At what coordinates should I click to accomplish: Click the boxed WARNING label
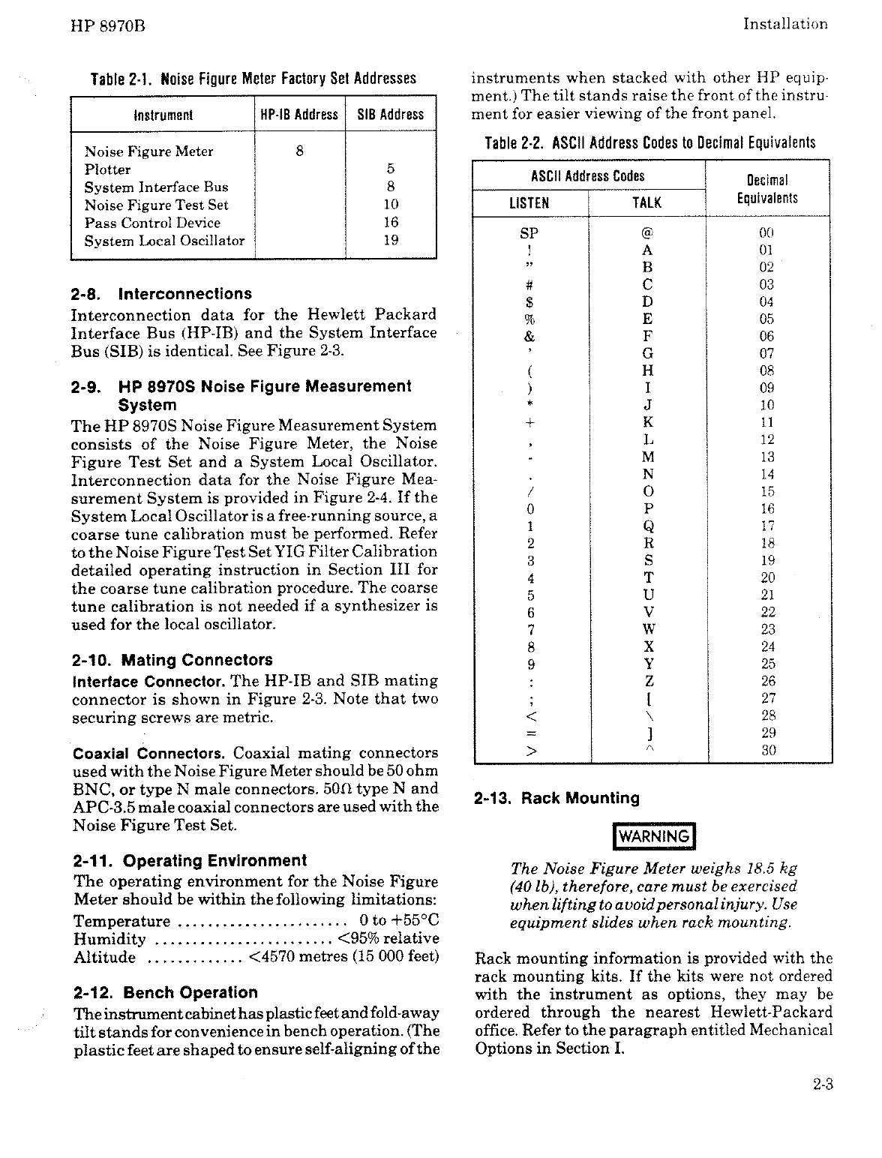(x=655, y=836)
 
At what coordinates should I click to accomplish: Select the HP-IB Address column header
(x=299, y=115)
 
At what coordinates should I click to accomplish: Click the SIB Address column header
(x=390, y=115)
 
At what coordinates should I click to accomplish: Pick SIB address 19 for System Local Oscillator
(x=390, y=240)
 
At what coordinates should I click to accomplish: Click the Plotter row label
(x=107, y=169)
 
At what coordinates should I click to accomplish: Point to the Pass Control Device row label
(x=152, y=223)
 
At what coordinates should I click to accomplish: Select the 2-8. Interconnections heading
(x=161, y=294)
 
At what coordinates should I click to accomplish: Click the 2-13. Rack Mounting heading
(x=557, y=798)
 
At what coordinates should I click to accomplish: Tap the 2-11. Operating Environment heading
(x=190, y=860)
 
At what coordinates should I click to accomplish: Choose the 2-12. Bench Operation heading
(x=165, y=992)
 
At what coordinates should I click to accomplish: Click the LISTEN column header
(x=529, y=202)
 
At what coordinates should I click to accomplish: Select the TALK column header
(x=646, y=202)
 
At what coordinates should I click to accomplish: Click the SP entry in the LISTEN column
(x=529, y=232)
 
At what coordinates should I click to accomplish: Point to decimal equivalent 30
(x=766, y=750)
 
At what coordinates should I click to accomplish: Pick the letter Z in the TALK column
(x=649, y=681)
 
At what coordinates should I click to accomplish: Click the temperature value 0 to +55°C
(x=399, y=920)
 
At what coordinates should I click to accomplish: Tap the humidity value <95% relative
(x=388, y=938)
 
